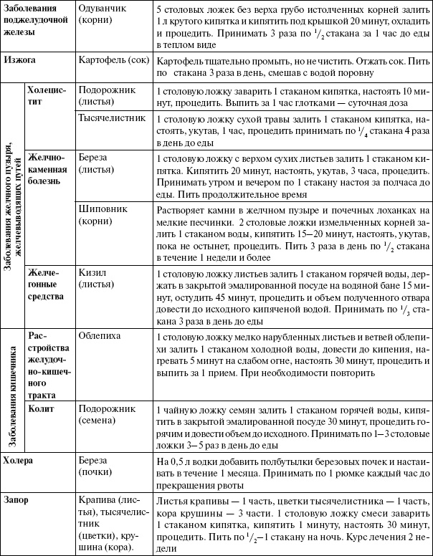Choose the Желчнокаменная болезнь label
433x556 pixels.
click(46, 169)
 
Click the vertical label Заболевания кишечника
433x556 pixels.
click(12, 385)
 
